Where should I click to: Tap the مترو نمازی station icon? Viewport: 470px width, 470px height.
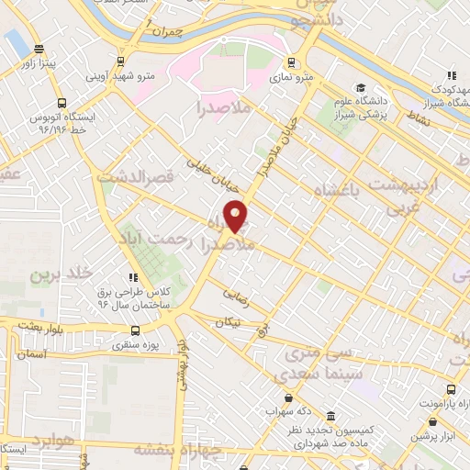point(292,63)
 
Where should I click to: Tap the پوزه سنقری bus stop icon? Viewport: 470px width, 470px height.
point(135,331)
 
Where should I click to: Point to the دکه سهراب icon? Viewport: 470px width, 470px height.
point(289,397)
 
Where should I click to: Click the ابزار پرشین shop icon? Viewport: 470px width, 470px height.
point(431,422)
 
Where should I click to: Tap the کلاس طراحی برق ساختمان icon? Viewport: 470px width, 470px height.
point(134,276)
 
